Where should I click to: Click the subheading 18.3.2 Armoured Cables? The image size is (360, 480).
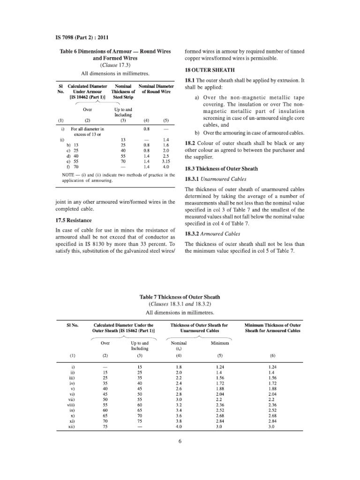tap(215, 233)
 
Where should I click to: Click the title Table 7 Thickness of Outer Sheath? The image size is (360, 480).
tap(180, 297)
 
